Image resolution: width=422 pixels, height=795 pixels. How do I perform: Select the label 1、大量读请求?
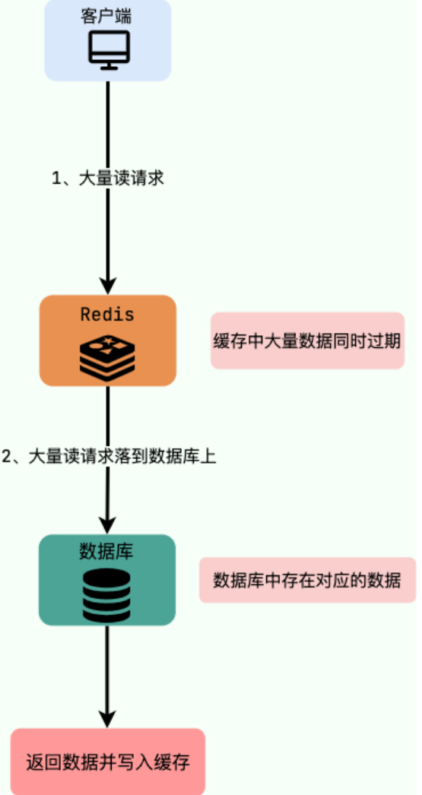point(108,179)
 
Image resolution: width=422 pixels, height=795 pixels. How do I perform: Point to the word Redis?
point(107,315)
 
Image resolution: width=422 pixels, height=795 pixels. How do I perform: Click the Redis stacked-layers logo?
point(107,357)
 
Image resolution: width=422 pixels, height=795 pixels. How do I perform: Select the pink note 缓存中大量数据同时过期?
point(307,340)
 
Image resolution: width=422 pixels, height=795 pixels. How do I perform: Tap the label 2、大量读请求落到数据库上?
point(109,456)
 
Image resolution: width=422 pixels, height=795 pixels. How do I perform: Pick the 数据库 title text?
point(106,552)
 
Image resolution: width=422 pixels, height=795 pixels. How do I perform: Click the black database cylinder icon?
point(107,594)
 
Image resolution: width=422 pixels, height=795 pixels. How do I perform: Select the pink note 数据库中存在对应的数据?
point(307,580)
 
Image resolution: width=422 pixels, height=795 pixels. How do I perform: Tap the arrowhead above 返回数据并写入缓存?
point(107,719)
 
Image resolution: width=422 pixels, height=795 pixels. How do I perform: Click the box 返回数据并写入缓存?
point(107,762)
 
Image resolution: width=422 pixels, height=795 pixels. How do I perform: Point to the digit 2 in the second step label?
point(7,456)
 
